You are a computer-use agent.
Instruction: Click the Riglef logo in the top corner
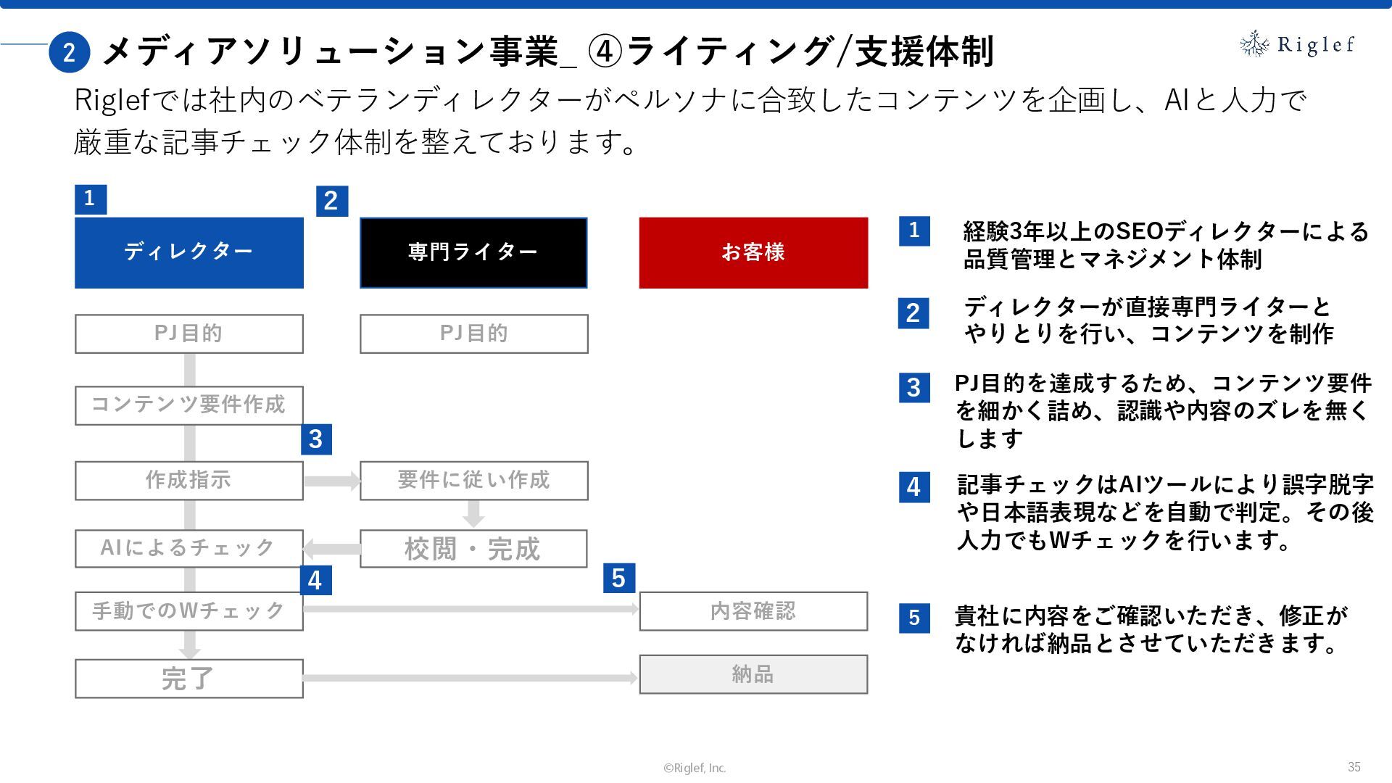click(x=1296, y=44)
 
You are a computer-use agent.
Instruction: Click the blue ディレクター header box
click(x=188, y=252)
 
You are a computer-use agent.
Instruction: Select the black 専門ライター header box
click(x=473, y=252)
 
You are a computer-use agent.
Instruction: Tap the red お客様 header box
click(x=753, y=252)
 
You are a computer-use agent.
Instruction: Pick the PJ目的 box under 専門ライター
click(x=473, y=333)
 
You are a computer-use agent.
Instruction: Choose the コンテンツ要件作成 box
click(x=188, y=405)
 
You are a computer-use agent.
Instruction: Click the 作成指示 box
click(x=188, y=480)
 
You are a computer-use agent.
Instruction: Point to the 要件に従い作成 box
click(x=473, y=480)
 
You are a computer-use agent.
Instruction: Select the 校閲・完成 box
click(x=473, y=549)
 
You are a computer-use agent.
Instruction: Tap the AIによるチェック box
click(x=188, y=548)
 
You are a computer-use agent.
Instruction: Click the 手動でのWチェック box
click(x=188, y=611)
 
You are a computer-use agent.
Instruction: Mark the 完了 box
click(x=188, y=679)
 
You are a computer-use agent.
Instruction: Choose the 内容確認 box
click(x=753, y=611)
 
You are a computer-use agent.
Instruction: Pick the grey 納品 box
click(x=753, y=674)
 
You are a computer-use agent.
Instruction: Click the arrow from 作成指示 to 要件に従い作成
click(x=332, y=481)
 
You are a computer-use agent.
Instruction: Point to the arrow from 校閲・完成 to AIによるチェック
click(x=331, y=548)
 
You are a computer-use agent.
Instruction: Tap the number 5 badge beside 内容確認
click(x=618, y=578)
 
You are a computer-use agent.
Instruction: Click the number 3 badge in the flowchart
click(x=316, y=439)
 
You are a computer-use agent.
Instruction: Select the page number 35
click(x=1354, y=766)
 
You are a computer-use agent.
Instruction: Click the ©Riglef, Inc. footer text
click(x=695, y=768)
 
